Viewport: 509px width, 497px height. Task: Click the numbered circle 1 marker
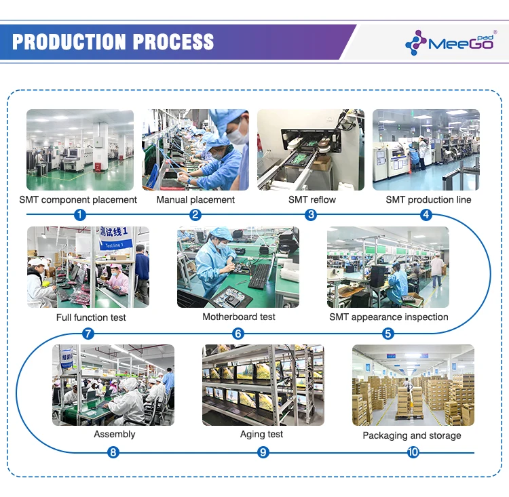point(80,215)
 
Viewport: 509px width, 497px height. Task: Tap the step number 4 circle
point(426,215)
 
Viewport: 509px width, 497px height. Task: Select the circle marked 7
point(88,334)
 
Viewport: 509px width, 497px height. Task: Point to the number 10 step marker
point(413,452)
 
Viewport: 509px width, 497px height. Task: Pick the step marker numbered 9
point(263,452)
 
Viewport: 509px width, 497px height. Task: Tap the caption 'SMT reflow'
point(312,199)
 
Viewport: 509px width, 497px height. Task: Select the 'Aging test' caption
point(261,434)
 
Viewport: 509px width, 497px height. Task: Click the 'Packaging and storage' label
point(411,435)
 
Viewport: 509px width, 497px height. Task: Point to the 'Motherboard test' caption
point(239,317)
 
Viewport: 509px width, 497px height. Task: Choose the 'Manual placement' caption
point(195,199)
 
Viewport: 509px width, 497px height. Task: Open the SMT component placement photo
point(80,149)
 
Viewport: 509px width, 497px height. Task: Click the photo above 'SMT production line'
point(426,149)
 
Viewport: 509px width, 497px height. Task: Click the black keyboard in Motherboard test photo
point(261,275)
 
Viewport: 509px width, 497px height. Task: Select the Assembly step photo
point(113,384)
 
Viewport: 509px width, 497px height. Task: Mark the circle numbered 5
point(388,334)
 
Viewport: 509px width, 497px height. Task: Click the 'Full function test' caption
point(91,317)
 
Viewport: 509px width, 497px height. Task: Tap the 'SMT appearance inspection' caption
point(389,317)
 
